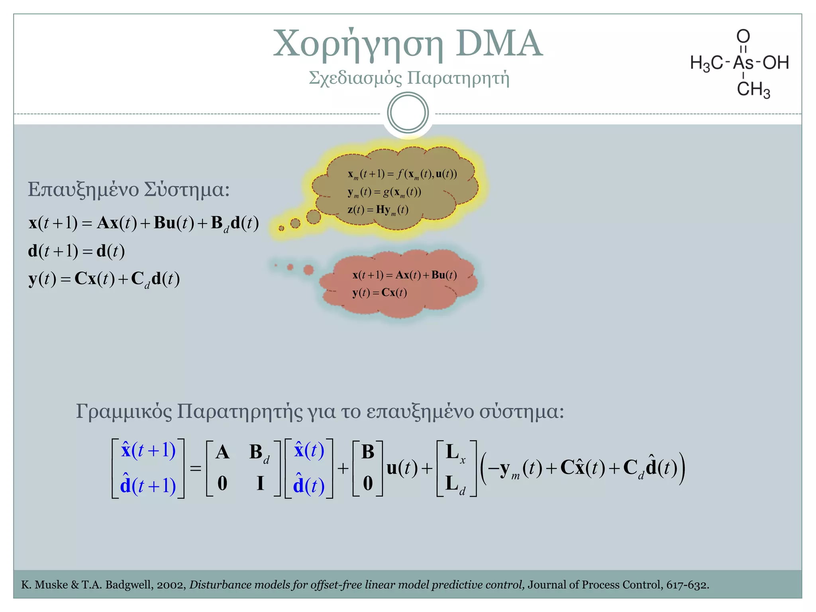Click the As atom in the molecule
(x=743, y=63)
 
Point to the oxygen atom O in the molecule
(x=743, y=36)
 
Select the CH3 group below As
(x=753, y=89)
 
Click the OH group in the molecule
(x=775, y=63)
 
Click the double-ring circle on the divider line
(x=408, y=113)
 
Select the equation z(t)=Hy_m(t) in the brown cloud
(x=378, y=210)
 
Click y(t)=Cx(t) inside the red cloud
(x=379, y=292)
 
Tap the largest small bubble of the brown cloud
(x=314, y=217)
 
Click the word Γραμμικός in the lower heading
(x=124, y=411)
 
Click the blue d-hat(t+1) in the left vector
(x=148, y=485)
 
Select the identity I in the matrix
(x=260, y=483)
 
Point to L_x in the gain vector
(x=455, y=453)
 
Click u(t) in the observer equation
(x=402, y=468)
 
